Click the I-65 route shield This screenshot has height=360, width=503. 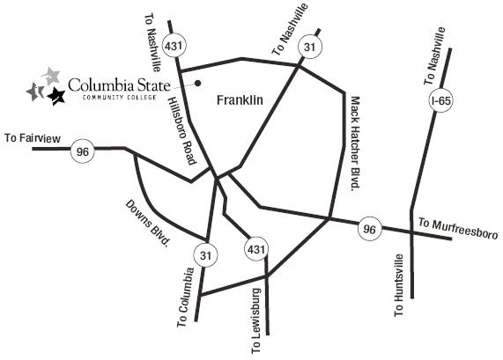click(441, 100)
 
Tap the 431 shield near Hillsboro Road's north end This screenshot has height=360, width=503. click(174, 46)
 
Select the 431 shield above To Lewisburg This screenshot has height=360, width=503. click(256, 249)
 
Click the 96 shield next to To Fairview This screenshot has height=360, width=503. click(83, 151)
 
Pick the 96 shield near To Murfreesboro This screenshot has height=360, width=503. click(370, 229)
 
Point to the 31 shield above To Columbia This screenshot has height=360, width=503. click(205, 255)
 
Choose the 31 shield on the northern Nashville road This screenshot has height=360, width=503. click(310, 48)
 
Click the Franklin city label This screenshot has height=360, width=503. click(240, 100)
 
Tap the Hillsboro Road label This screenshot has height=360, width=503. click(182, 131)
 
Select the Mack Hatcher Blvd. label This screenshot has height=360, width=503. click(355, 143)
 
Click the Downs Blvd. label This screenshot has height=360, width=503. click(147, 223)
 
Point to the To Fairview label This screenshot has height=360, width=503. click(33, 138)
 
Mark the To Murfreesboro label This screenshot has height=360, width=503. click(458, 228)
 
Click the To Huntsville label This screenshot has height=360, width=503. click(399, 285)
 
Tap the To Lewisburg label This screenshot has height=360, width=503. click(256, 321)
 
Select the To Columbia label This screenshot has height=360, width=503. click(186, 298)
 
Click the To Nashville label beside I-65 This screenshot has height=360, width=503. click(434, 56)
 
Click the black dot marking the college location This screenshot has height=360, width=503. click(198, 83)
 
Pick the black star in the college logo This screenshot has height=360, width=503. click(56, 96)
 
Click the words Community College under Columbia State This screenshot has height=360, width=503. click(119, 97)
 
